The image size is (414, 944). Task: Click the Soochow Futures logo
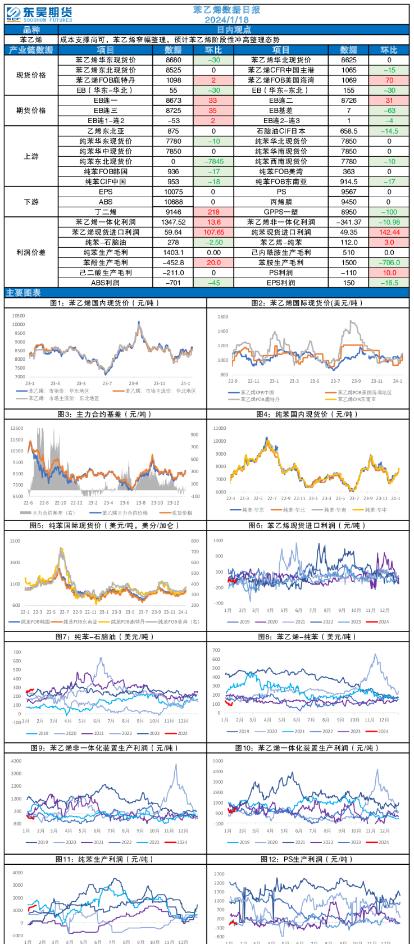[39, 14]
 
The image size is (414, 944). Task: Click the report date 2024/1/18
[226, 20]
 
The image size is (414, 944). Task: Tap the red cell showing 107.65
[213, 232]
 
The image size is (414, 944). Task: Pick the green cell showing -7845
[213, 161]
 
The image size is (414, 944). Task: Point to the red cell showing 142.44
[389, 232]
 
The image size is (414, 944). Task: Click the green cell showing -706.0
[389, 262]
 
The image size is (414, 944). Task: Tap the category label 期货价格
[31, 111]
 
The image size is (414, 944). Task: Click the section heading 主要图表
[24, 293]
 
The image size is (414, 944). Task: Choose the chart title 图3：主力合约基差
[105, 414]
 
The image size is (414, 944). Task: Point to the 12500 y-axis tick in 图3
[16, 429]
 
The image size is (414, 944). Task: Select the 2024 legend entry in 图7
[182, 733]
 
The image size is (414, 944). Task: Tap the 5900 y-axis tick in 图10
[218, 761]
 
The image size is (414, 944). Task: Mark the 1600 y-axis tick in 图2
[222, 317]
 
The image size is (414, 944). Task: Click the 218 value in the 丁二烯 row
[213, 212]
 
